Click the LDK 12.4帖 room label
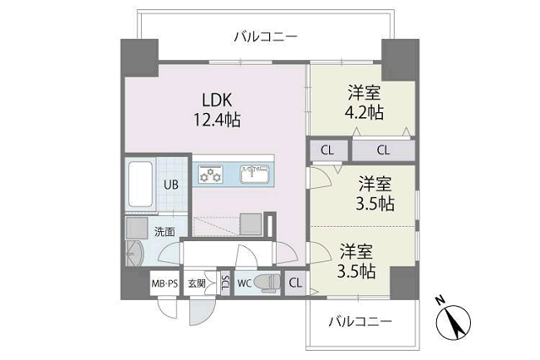pyautogui.click(x=217, y=110)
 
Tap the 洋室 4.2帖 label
pyautogui.click(x=364, y=102)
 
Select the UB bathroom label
pyautogui.click(x=171, y=185)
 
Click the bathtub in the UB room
pyautogui.click(x=141, y=184)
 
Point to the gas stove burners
pyautogui.click(x=210, y=174)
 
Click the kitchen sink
pyautogui.click(x=255, y=175)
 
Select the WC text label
pyautogui.click(x=244, y=283)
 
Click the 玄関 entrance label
pyautogui.click(x=197, y=283)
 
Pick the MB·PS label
pyautogui.click(x=165, y=284)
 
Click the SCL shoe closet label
pyautogui.click(x=225, y=283)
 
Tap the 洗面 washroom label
pyautogui.click(x=165, y=232)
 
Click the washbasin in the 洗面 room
pyautogui.click(x=134, y=253)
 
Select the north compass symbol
pyautogui.click(x=453, y=320)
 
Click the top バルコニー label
pyautogui.click(x=266, y=36)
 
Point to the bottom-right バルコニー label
pyautogui.click(x=360, y=322)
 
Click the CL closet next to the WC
pyautogui.click(x=295, y=283)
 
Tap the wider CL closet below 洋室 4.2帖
pyautogui.click(x=383, y=150)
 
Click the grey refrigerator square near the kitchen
pyautogui.click(x=251, y=225)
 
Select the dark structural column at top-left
pyautogui.click(x=139, y=58)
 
